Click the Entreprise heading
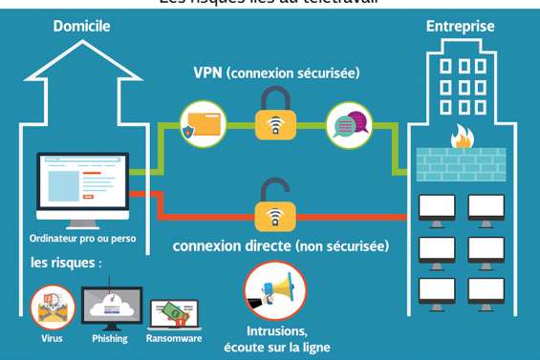pyautogui.click(x=460, y=26)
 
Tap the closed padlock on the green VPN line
pyautogui.click(x=275, y=121)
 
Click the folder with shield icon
pyautogui.click(x=203, y=125)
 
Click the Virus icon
pyautogui.click(x=52, y=307)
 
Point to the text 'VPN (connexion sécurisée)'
pyautogui.click(x=276, y=73)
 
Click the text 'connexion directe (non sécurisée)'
pyautogui.click(x=281, y=245)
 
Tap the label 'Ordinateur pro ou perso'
pyautogui.click(x=80, y=238)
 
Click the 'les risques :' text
pyautogui.click(x=66, y=262)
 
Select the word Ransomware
pyautogui.click(x=173, y=338)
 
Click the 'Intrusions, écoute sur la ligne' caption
pyautogui.click(x=276, y=340)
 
